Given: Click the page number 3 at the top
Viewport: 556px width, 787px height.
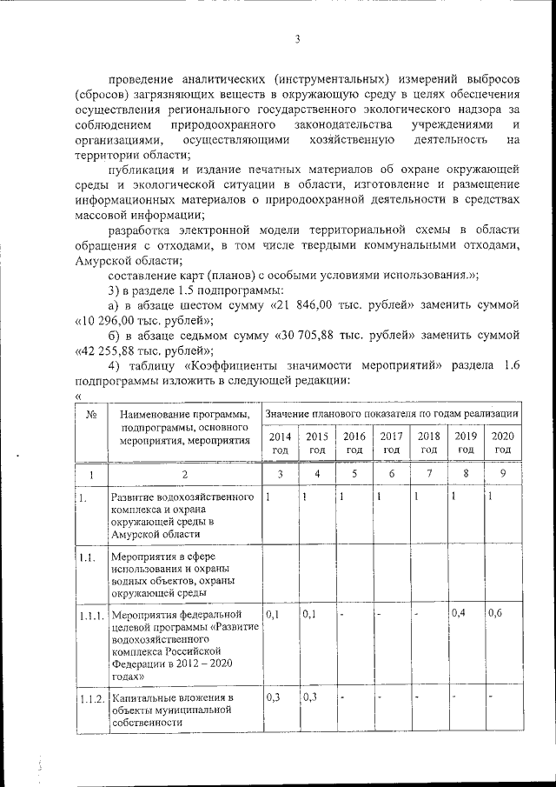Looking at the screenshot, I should [x=297, y=39].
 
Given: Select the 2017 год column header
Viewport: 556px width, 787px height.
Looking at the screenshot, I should [x=391, y=443].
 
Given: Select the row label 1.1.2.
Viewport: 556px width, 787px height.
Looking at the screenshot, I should [x=92, y=699].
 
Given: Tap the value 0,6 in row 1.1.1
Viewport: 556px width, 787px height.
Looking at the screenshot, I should [x=495, y=614].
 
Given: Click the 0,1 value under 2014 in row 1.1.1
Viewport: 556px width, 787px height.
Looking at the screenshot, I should [x=273, y=614].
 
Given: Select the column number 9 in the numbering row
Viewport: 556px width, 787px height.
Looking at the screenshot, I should [x=503, y=473].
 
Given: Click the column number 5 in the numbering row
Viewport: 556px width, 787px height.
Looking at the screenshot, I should [x=354, y=473].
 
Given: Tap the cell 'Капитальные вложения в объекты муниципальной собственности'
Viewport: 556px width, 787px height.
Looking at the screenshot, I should [x=173, y=710].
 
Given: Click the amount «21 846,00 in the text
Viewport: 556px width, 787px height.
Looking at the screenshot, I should [x=303, y=305].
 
